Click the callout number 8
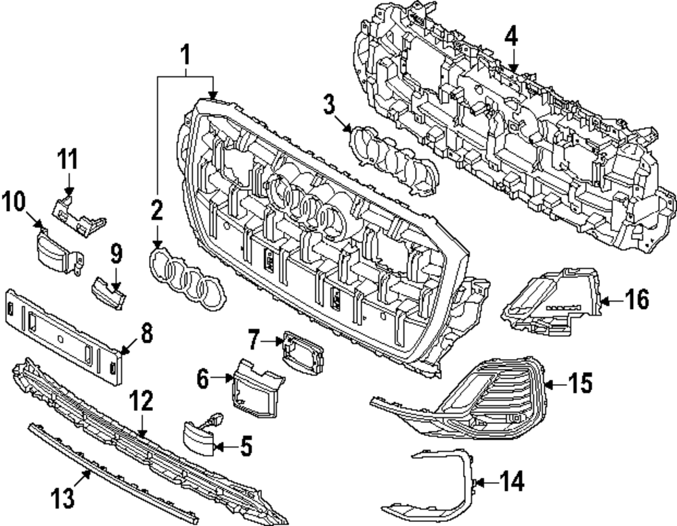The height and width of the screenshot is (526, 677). (x=146, y=333)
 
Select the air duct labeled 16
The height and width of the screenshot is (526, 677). (x=552, y=304)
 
